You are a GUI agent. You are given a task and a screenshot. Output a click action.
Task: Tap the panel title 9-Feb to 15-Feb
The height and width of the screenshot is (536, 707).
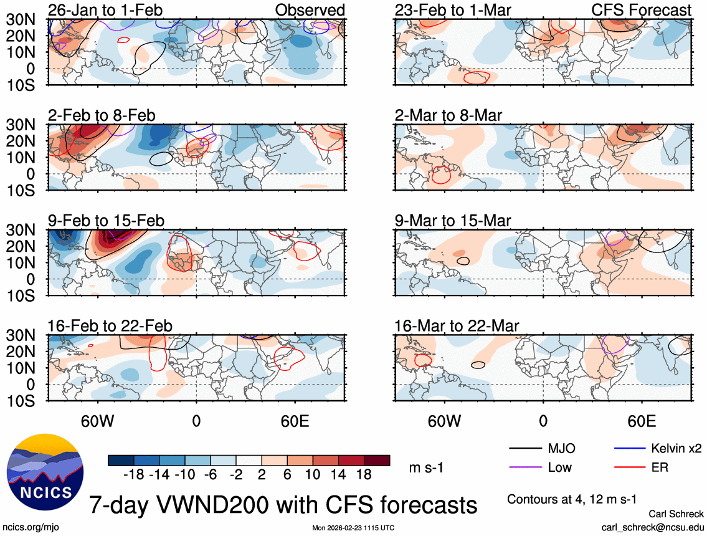(106, 221)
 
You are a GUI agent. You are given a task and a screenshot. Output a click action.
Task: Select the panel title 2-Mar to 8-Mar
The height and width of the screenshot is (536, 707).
(448, 115)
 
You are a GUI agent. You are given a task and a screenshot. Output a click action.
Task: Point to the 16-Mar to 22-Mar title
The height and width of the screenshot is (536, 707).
(457, 326)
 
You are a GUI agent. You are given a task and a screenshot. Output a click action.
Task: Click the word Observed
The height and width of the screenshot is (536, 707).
(310, 10)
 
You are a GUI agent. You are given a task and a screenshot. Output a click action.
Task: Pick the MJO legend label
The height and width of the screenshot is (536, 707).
(561, 448)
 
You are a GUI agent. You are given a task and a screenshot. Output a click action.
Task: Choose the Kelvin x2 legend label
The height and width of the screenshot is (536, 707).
(676, 448)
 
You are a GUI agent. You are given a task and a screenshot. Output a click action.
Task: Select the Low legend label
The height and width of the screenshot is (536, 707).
(559, 467)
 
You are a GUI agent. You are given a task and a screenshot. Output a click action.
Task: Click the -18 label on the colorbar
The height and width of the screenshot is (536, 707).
(133, 474)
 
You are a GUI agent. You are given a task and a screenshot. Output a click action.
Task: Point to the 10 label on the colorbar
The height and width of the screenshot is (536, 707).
(313, 474)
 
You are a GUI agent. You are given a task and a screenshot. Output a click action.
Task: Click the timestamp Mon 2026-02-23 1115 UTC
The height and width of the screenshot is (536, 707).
(353, 527)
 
